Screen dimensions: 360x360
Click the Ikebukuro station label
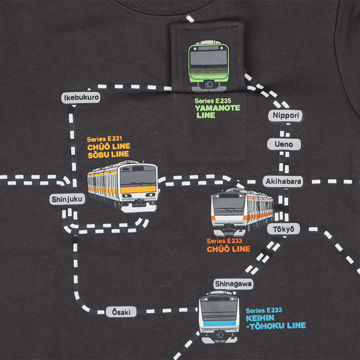(x=81, y=98)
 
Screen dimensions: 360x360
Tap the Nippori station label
(x=285, y=116)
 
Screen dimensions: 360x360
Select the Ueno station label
(x=284, y=144)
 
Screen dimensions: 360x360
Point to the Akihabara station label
(x=283, y=181)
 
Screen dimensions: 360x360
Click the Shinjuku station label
(x=67, y=199)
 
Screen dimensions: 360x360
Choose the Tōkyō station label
(x=284, y=229)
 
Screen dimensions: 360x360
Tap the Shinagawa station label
(x=233, y=284)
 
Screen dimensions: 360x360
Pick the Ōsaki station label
(x=121, y=312)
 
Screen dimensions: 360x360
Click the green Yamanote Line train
(x=209, y=66)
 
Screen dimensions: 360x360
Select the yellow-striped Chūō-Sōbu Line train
(x=122, y=186)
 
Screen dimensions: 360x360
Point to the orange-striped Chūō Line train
(x=242, y=211)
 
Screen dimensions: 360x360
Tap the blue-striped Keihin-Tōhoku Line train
(x=219, y=317)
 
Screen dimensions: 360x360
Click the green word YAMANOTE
(x=217, y=108)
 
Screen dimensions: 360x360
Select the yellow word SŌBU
(x=99, y=154)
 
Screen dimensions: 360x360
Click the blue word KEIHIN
(x=260, y=318)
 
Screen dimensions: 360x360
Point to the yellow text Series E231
(x=104, y=139)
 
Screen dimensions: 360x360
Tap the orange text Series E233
(x=224, y=241)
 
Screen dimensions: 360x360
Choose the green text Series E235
(x=213, y=101)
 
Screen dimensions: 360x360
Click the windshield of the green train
(x=209, y=58)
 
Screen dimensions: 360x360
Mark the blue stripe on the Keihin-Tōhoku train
(x=219, y=323)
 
